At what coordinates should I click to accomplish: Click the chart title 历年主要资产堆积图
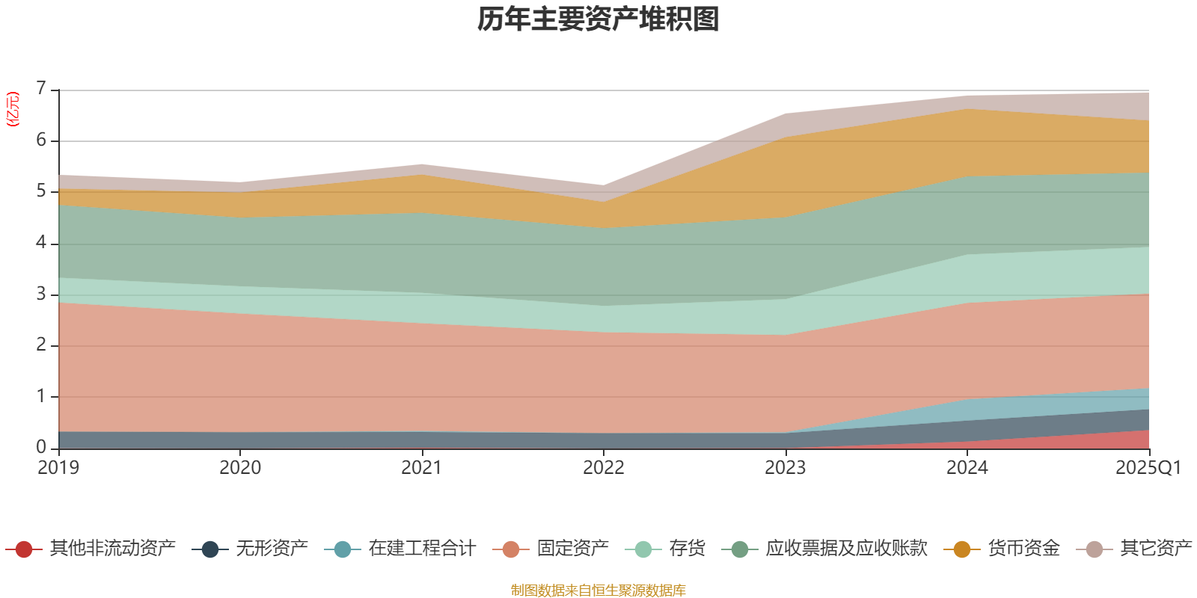click(x=598, y=19)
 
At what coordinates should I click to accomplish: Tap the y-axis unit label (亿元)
click(x=12, y=109)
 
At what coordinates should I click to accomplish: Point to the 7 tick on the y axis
click(x=41, y=89)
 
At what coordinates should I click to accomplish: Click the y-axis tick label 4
click(x=41, y=243)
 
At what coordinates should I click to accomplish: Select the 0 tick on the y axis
click(x=41, y=447)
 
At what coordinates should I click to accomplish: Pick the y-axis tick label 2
click(x=41, y=345)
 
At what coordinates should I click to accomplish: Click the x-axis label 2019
click(x=58, y=468)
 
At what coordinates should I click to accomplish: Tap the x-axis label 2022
click(x=604, y=468)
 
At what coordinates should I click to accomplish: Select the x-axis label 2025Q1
click(x=1148, y=468)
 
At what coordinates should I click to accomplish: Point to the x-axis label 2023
click(x=785, y=468)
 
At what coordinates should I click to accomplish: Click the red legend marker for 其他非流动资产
click(x=24, y=549)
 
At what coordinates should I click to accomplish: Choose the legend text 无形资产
click(x=272, y=549)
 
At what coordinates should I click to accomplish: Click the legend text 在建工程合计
click(x=422, y=549)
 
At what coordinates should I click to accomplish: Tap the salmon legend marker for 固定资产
click(x=511, y=549)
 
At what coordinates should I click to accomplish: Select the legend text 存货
click(x=687, y=549)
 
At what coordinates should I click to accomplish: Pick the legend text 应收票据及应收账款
click(x=846, y=549)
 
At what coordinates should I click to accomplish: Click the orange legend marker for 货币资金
click(x=962, y=549)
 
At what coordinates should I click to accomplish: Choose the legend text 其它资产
click(x=1156, y=549)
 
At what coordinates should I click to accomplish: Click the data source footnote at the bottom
click(x=598, y=591)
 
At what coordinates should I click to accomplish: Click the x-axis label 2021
click(x=421, y=468)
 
